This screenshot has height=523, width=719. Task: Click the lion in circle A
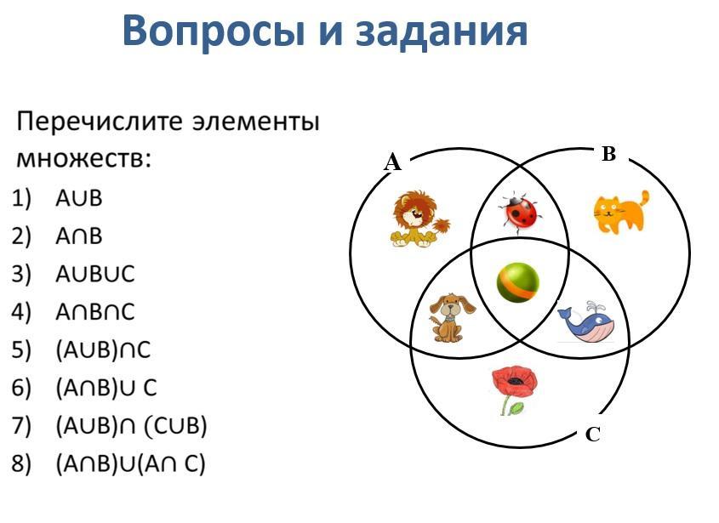click(419, 219)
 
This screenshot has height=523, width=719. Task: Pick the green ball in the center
click(517, 282)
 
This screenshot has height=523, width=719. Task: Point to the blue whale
click(586, 321)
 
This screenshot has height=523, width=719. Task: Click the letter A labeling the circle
click(392, 162)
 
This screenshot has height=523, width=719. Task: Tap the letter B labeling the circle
click(608, 154)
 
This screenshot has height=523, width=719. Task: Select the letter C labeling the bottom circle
click(593, 434)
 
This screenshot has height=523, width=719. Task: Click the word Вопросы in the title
click(214, 31)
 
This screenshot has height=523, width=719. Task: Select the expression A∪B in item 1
click(78, 198)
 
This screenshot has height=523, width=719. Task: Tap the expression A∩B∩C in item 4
click(95, 312)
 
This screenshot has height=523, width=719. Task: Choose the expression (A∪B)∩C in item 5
click(103, 350)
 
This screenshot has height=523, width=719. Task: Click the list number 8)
click(21, 463)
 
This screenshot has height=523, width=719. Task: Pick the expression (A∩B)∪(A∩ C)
click(131, 463)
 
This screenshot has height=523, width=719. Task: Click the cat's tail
click(644, 201)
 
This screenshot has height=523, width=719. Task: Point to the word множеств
click(83, 160)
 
